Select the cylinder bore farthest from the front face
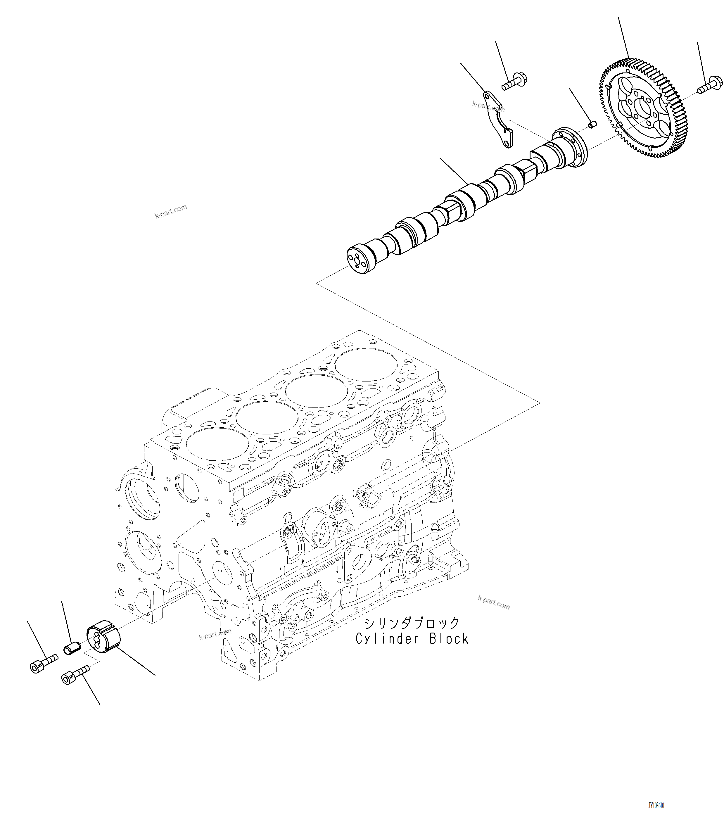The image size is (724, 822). point(366,367)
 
